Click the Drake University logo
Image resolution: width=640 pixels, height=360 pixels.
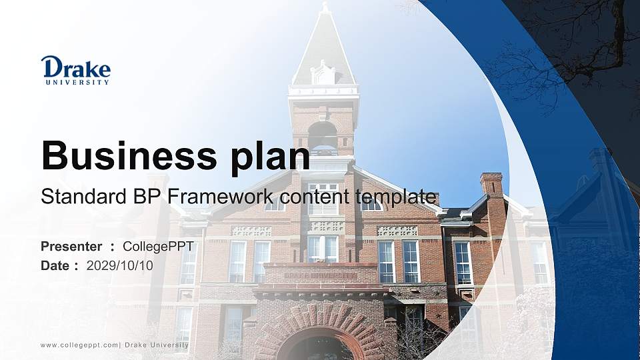click(x=75, y=70)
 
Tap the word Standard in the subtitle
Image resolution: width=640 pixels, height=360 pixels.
click(x=73, y=197)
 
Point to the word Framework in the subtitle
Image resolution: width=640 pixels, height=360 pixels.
click(x=222, y=197)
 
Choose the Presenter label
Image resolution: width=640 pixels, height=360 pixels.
click(x=71, y=247)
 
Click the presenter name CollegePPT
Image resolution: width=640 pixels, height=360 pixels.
click(x=158, y=247)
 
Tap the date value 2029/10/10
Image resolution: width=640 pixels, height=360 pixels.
click(x=120, y=265)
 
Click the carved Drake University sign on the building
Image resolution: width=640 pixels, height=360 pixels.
click(x=320, y=275)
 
